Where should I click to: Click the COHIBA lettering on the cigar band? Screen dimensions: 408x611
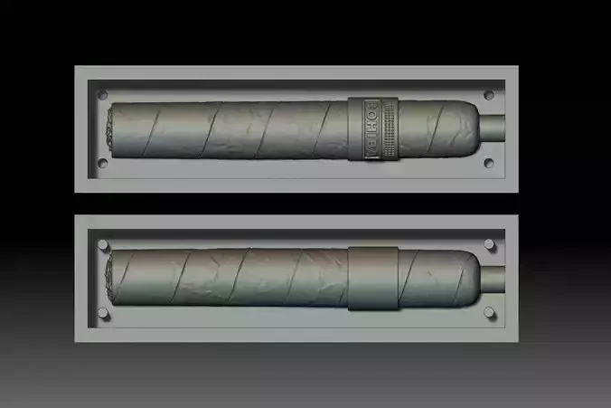click(368, 129)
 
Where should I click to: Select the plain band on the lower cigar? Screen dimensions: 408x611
click(371, 278)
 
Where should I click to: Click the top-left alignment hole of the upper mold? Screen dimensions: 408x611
click(102, 94)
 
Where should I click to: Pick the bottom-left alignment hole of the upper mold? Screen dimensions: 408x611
click(102, 163)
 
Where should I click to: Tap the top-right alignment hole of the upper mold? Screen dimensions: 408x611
click(489, 94)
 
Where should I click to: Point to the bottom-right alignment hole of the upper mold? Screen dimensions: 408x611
click(489, 163)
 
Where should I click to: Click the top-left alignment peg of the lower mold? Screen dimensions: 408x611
click(102, 245)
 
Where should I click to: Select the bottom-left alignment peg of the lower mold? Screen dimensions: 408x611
click(102, 312)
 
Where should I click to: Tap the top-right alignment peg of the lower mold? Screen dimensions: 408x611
click(489, 245)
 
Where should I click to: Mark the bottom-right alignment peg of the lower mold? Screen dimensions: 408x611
click(489, 312)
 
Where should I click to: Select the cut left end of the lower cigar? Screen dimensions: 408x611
click(110, 278)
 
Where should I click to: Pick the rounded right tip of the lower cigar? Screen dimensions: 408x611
click(469, 278)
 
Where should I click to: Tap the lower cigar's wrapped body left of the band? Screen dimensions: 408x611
click(226, 278)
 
